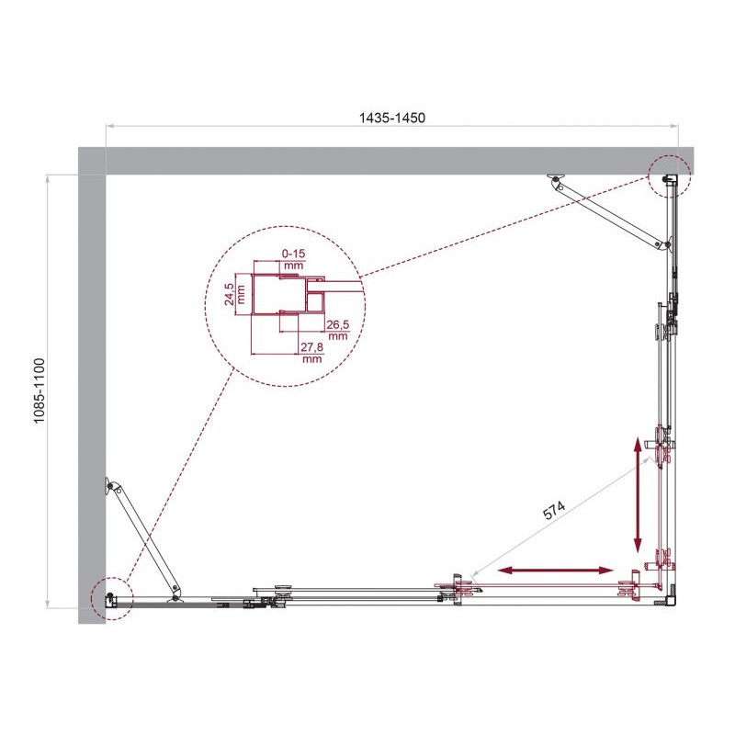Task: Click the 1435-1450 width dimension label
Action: pyautogui.click(x=392, y=118)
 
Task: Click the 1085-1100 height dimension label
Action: pyautogui.click(x=40, y=390)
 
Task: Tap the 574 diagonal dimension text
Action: pyautogui.click(x=554, y=511)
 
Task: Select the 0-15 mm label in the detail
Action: pyautogui.click(x=293, y=259)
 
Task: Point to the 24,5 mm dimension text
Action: pyautogui.click(x=235, y=294)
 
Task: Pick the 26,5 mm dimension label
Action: pyautogui.click(x=338, y=330)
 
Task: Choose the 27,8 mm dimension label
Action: pyautogui.click(x=311, y=353)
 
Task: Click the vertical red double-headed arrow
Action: pyautogui.click(x=638, y=495)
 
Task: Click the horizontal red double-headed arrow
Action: pyautogui.click(x=556, y=570)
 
